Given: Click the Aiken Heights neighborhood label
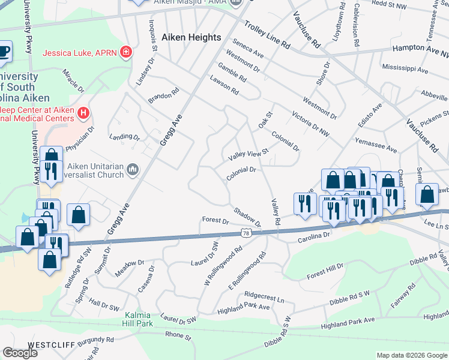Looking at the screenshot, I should point(191,37).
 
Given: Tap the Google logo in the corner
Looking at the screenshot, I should point(20,353).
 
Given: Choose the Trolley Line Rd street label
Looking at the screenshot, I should point(267,37).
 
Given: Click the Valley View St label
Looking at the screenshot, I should point(248,155).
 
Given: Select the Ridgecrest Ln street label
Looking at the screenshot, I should point(264,296).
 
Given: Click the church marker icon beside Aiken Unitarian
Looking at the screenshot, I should point(132,171).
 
